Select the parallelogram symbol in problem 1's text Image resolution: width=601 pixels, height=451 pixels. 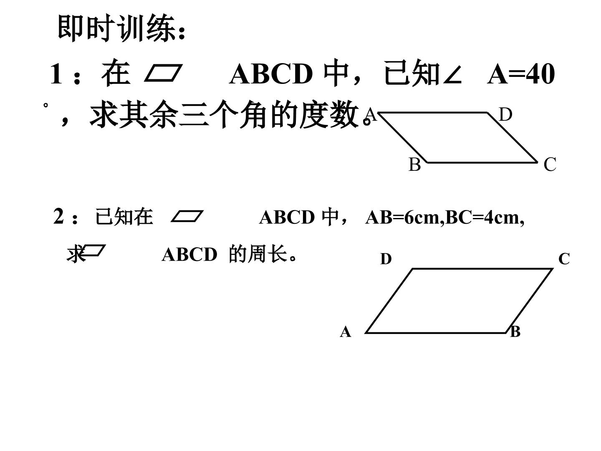(x=163, y=73)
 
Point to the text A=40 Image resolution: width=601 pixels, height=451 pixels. (x=521, y=74)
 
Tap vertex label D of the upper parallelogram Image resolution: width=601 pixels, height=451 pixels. (x=505, y=114)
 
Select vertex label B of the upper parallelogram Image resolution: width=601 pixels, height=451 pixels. (x=414, y=165)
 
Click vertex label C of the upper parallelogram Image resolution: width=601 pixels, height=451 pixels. (x=550, y=165)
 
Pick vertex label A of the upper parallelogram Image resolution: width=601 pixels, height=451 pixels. (x=371, y=114)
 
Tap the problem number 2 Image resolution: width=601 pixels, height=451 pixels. (x=58, y=216)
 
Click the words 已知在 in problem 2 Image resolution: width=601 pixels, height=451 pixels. (x=124, y=217)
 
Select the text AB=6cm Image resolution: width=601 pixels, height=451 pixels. (x=404, y=218)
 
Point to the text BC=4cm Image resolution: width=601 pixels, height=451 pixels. (x=482, y=218)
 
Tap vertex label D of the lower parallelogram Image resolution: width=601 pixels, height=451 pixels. (x=386, y=259)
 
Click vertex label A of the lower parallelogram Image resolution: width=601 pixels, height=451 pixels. (x=346, y=332)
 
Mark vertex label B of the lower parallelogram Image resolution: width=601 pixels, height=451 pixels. (x=515, y=332)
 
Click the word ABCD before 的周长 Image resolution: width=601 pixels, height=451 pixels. (x=189, y=255)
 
